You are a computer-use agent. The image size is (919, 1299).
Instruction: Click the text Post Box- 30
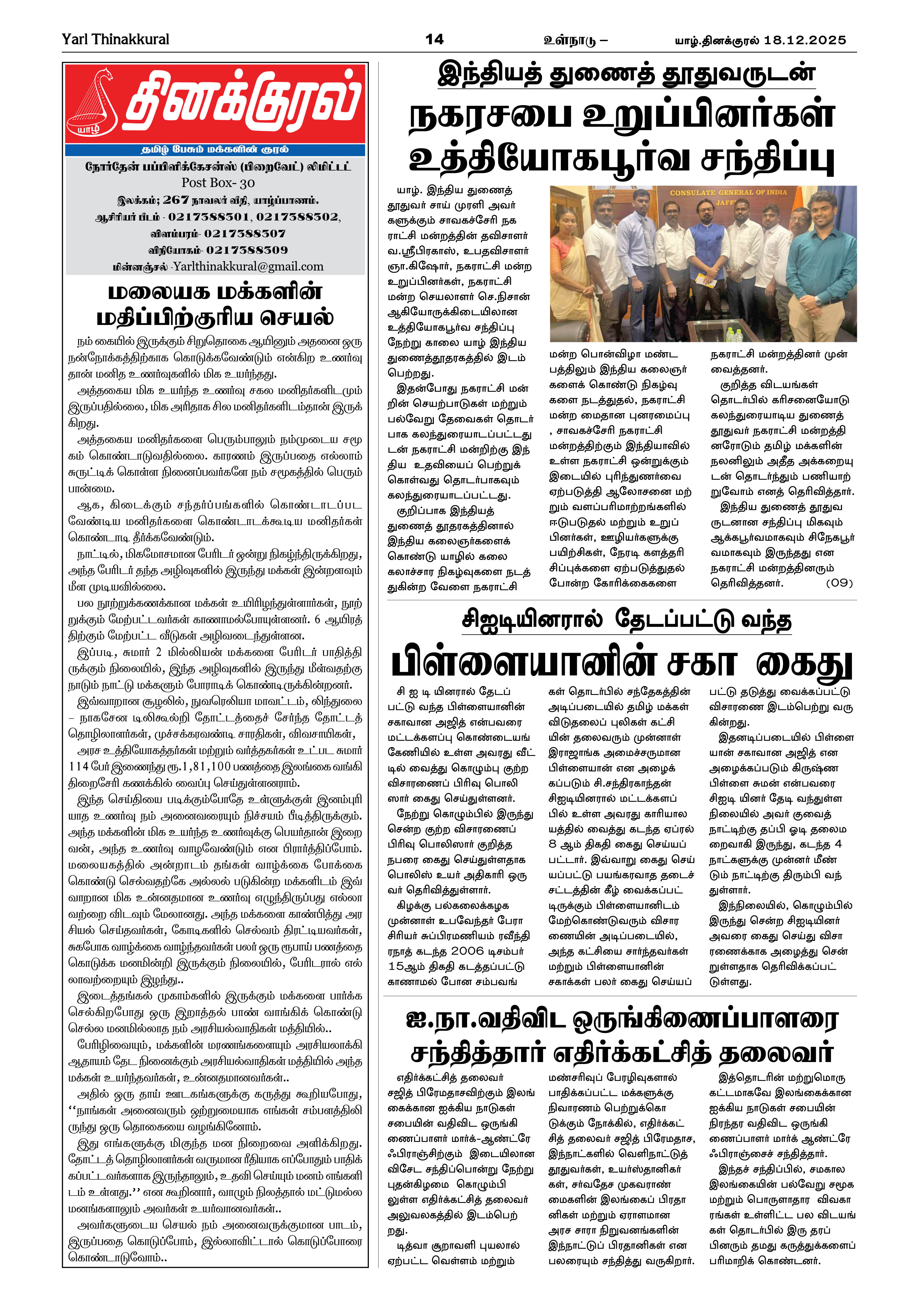pyautogui.click(x=218, y=183)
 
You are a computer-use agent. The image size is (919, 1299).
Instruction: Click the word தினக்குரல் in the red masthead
pyautogui.click(x=242, y=102)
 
